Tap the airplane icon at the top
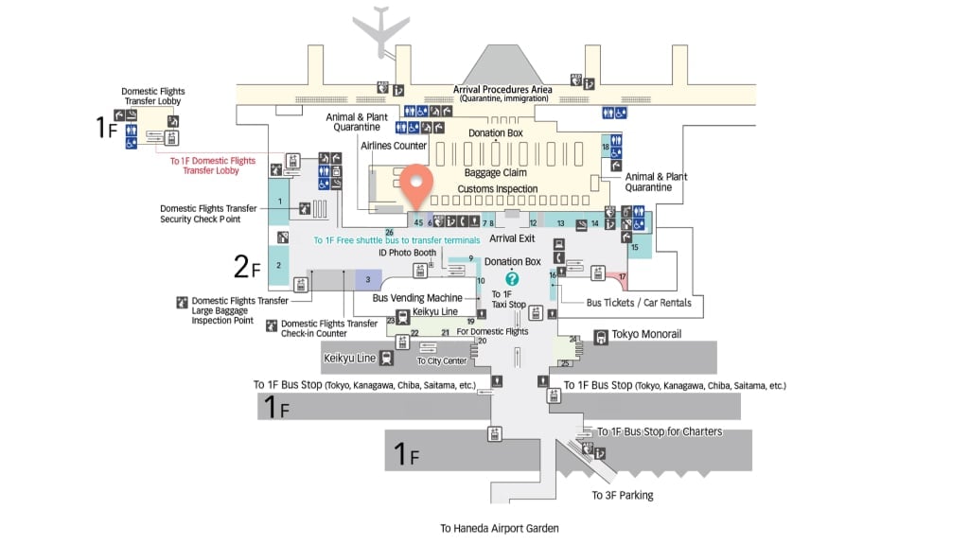coord(380,31)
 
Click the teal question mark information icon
coord(512,278)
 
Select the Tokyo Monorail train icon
coord(601,337)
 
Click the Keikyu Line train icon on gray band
coord(387,358)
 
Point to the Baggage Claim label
coord(495,173)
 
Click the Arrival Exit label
coord(513,238)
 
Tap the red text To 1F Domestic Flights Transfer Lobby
coord(213,166)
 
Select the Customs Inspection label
coord(498,189)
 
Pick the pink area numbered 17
coord(622,277)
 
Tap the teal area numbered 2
coord(279,266)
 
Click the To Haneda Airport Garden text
coord(500,529)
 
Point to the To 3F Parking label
coord(622,495)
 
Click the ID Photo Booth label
coord(407,253)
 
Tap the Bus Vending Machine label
coord(417,298)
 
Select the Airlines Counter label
coord(394,146)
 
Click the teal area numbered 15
coord(638,247)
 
